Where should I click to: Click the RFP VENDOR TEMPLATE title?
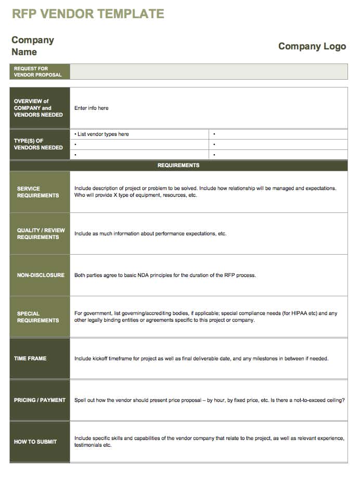tap(88, 14)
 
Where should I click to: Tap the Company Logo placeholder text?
tap(312, 46)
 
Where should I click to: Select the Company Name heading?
tap(32, 46)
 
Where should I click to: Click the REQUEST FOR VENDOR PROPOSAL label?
tap(37, 72)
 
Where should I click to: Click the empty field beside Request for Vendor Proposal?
tap(209, 72)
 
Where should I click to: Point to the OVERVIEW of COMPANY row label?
tap(38, 108)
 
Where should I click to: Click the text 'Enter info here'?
tap(92, 108)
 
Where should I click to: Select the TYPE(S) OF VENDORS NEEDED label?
tap(38, 144)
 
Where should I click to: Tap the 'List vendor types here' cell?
tap(103, 134)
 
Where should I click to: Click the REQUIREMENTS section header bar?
tap(178, 166)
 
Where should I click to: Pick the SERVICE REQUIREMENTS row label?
tap(38, 192)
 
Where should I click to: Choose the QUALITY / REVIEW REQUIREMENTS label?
tap(38, 234)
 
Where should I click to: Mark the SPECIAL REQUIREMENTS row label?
tap(38, 317)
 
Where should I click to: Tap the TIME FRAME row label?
tap(30, 358)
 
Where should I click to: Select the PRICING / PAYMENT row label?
tap(40, 400)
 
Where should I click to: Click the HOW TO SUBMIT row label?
tap(35, 442)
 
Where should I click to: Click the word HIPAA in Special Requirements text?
tap(297, 313)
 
